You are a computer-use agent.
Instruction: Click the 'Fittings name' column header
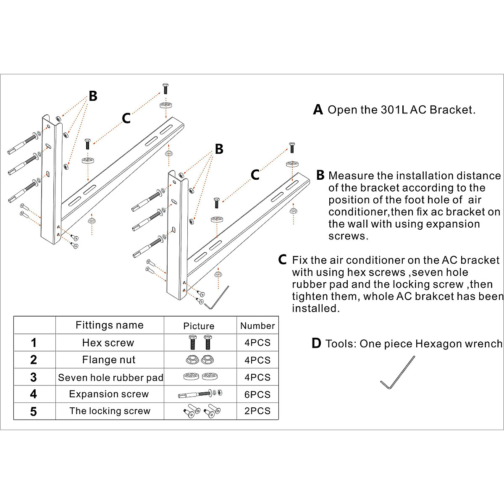(109, 325)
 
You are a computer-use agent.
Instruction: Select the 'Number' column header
(257, 325)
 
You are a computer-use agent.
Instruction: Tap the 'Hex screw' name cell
(108, 343)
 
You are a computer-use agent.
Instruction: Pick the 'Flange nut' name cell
(109, 360)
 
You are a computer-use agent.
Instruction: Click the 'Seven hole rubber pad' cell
(110, 378)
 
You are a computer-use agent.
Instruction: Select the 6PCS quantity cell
(257, 394)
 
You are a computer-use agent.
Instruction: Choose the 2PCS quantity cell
(257, 411)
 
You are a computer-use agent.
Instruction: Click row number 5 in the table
(34, 412)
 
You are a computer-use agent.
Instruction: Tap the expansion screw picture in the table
(200, 394)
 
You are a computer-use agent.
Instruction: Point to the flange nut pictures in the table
(198, 360)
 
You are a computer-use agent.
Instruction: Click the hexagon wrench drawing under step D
(397, 373)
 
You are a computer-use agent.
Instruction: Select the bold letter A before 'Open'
(318, 110)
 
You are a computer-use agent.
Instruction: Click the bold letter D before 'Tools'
(316, 344)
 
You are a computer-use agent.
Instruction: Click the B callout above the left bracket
(93, 96)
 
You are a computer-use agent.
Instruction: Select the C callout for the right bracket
(255, 175)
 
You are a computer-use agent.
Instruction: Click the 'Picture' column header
(199, 326)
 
